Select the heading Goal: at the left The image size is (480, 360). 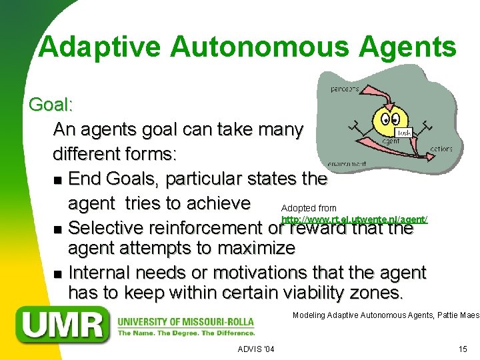(x=51, y=105)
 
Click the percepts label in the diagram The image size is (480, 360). (x=345, y=89)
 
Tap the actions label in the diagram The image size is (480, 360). (x=441, y=149)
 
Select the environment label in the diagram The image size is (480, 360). (x=347, y=163)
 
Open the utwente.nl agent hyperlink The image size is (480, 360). (x=354, y=219)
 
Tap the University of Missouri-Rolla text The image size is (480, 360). (x=186, y=321)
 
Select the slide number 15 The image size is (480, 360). (x=463, y=349)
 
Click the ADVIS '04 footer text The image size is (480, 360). (x=255, y=349)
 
